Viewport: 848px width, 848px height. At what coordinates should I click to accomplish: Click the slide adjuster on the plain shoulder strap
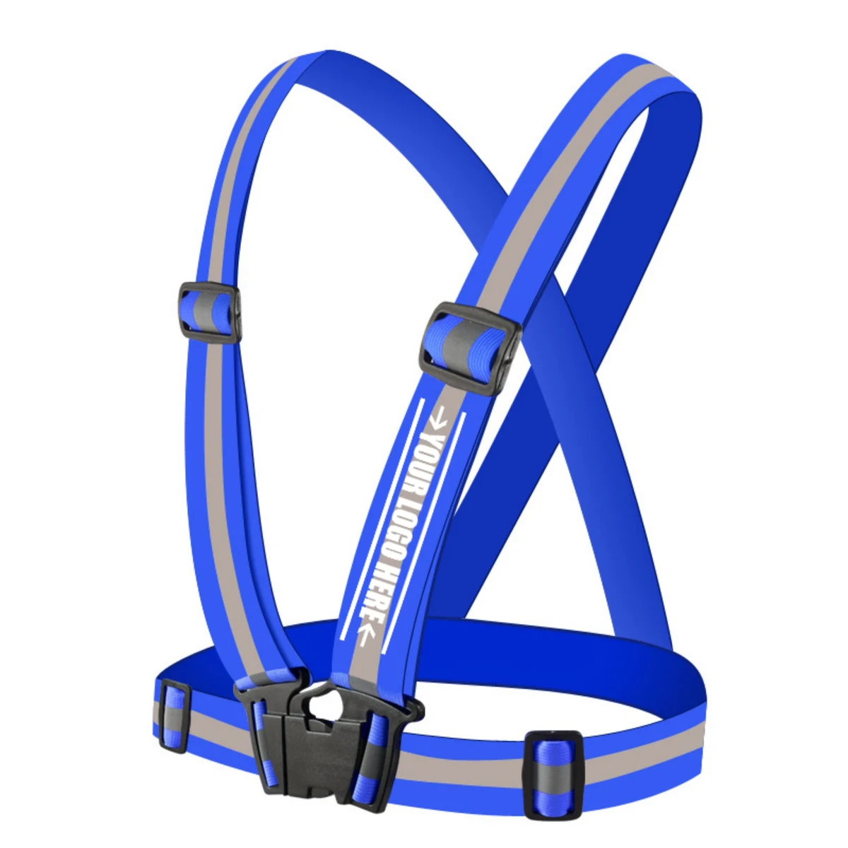[211, 312]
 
